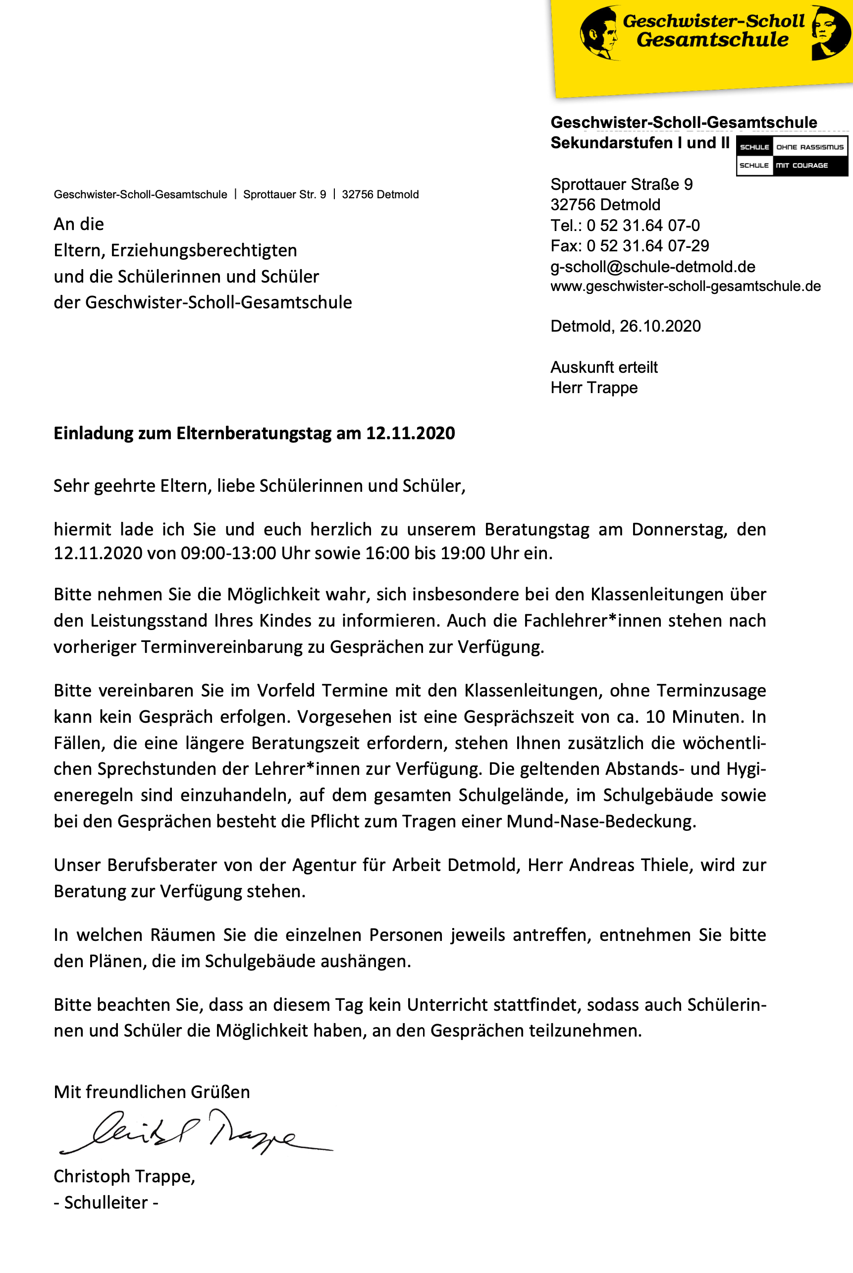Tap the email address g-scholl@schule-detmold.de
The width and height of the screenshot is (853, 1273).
(x=653, y=267)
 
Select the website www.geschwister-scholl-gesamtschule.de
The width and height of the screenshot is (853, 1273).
(x=686, y=286)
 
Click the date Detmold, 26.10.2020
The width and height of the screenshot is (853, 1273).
(x=626, y=326)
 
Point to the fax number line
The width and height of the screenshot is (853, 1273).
(x=630, y=246)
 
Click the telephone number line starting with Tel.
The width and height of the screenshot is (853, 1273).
(x=625, y=226)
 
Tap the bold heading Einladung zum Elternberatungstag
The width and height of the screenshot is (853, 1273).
(x=254, y=433)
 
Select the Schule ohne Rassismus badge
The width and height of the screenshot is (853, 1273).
(x=792, y=156)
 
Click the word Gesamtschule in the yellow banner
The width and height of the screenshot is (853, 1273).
(x=712, y=40)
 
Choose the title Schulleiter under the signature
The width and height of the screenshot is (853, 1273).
(x=106, y=1202)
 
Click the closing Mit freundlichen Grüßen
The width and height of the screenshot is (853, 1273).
(x=152, y=1092)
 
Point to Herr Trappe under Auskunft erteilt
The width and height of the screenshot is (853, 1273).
(x=594, y=388)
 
